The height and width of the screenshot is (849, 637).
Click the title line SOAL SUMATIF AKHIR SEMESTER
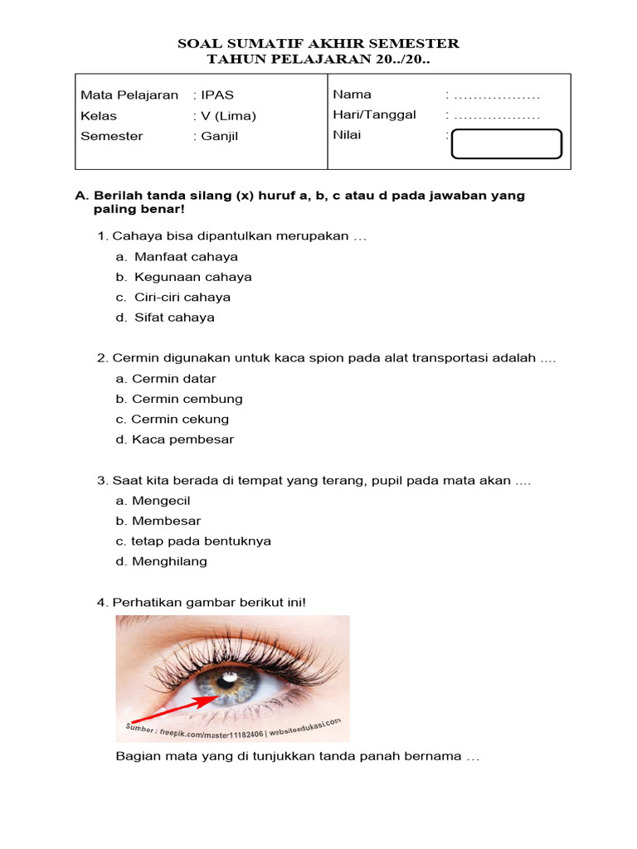click(x=318, y=43)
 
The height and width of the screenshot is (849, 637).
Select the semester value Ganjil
click(x=219, y=136)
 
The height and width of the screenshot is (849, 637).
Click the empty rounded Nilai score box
click(x=506, y=143)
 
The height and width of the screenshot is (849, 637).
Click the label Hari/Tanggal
click(x=374, y=115)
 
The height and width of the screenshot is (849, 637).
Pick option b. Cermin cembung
click(x=179, y=399)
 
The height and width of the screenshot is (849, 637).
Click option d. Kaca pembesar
click(x=175, y=439)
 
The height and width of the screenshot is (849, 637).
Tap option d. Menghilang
click(x=162, y=561)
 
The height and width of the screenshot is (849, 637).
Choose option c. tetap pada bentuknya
click(x=193, y=541)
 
